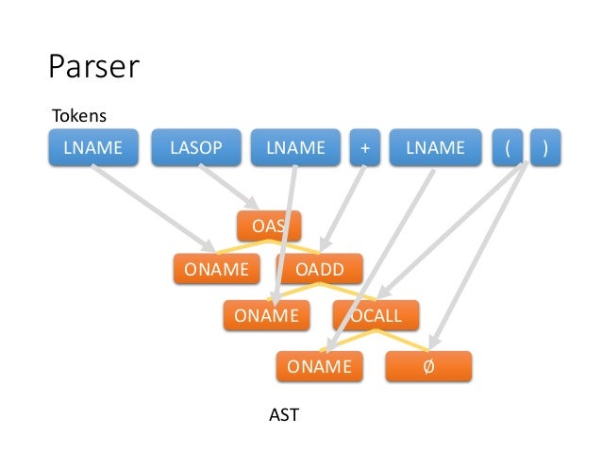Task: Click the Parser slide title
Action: click(x=93, y=66)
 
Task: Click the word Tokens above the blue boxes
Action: click(x=79, y=115)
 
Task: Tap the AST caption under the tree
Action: click(x=284, y=415)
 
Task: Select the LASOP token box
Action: click(x=196, y=147)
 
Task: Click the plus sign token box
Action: click(x=365, y=147)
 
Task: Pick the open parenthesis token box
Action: click(x=507, y=147)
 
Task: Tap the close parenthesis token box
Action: click(x=545, y=147)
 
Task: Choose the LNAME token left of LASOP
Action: click(x=93, y=147)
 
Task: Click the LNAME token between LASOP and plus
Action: click(x=295, y=147)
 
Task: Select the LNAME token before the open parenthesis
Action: click(x=435, y=147)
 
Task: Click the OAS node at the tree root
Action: click(x=269, y=226)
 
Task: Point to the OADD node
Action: click(x=320, y=269)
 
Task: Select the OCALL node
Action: click(x=376, y=315)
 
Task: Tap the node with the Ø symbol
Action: click(x=428, y=366)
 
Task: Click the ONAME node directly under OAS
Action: click(x=216, y=269)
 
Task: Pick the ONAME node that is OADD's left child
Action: click(x=266, y=315)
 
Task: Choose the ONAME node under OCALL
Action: click(x=320, y=366)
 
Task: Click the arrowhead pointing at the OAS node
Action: click(x=254, y=203)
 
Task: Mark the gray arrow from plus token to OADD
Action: click(x=343, y=209)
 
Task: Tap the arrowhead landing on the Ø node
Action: click(x=434, y=342)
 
